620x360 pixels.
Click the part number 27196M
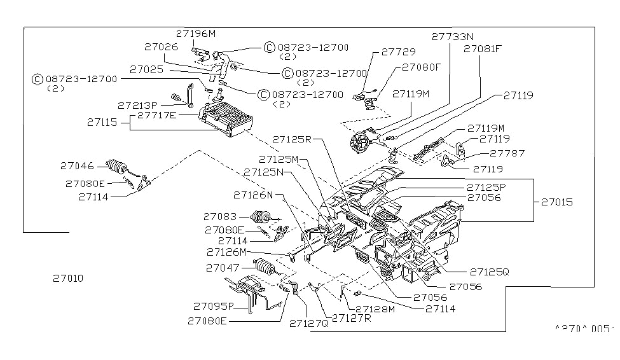(x=196, y=33)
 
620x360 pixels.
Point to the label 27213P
(x=137, y=105)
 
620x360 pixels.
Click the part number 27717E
(x=158, y=115)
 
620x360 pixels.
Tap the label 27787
(x=507, y=153)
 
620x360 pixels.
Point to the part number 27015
(x=556, y=202)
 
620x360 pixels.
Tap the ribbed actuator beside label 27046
(x=118, y=167)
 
